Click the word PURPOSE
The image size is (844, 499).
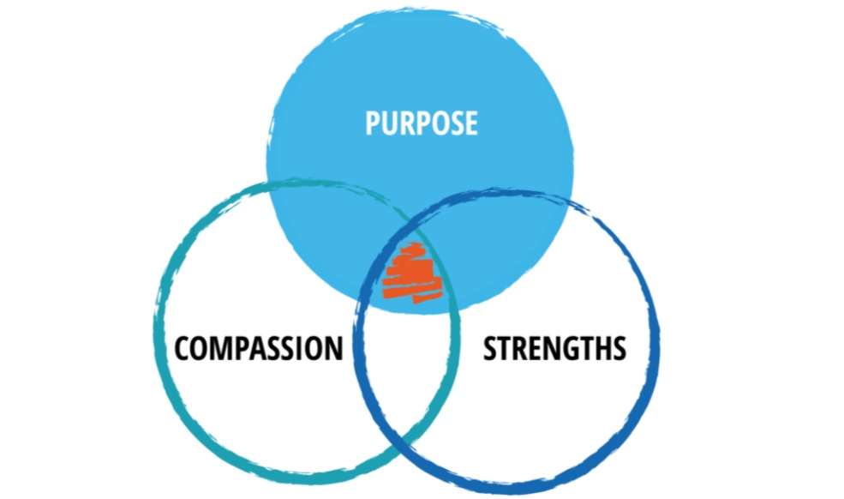[x=421, y=123]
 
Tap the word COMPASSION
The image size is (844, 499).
[x=259, y=349]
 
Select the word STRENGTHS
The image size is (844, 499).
[x=554, y=349]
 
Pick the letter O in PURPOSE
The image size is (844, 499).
[x=434, y=123]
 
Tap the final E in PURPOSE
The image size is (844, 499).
[x=469, y=123]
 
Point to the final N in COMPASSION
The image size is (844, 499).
[x=333, y=349]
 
